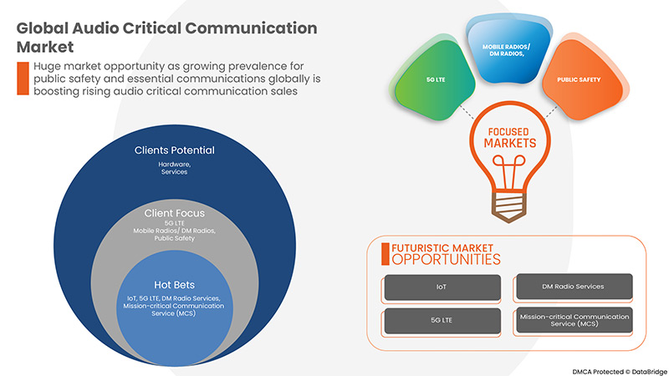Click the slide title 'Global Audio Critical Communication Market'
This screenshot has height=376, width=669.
167,37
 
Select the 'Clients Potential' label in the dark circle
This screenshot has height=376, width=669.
175,150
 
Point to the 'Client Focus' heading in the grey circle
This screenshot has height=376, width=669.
175,213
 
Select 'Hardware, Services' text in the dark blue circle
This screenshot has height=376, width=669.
175,167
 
